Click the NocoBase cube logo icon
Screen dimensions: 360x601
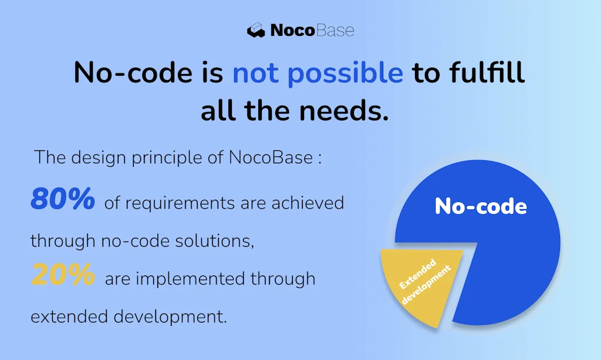(x=256, y=31)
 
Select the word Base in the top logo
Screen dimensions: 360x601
(x=334, y=31)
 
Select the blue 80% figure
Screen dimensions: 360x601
(x=63, y=201)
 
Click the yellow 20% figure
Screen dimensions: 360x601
(x=63, y=275)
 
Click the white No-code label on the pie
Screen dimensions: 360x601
(x=481, y=207)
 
